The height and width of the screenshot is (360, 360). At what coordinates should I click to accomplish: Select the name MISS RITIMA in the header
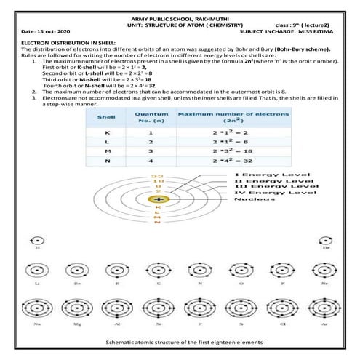(320, 31)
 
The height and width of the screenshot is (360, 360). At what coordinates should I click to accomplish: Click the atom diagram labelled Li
(37, 271)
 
